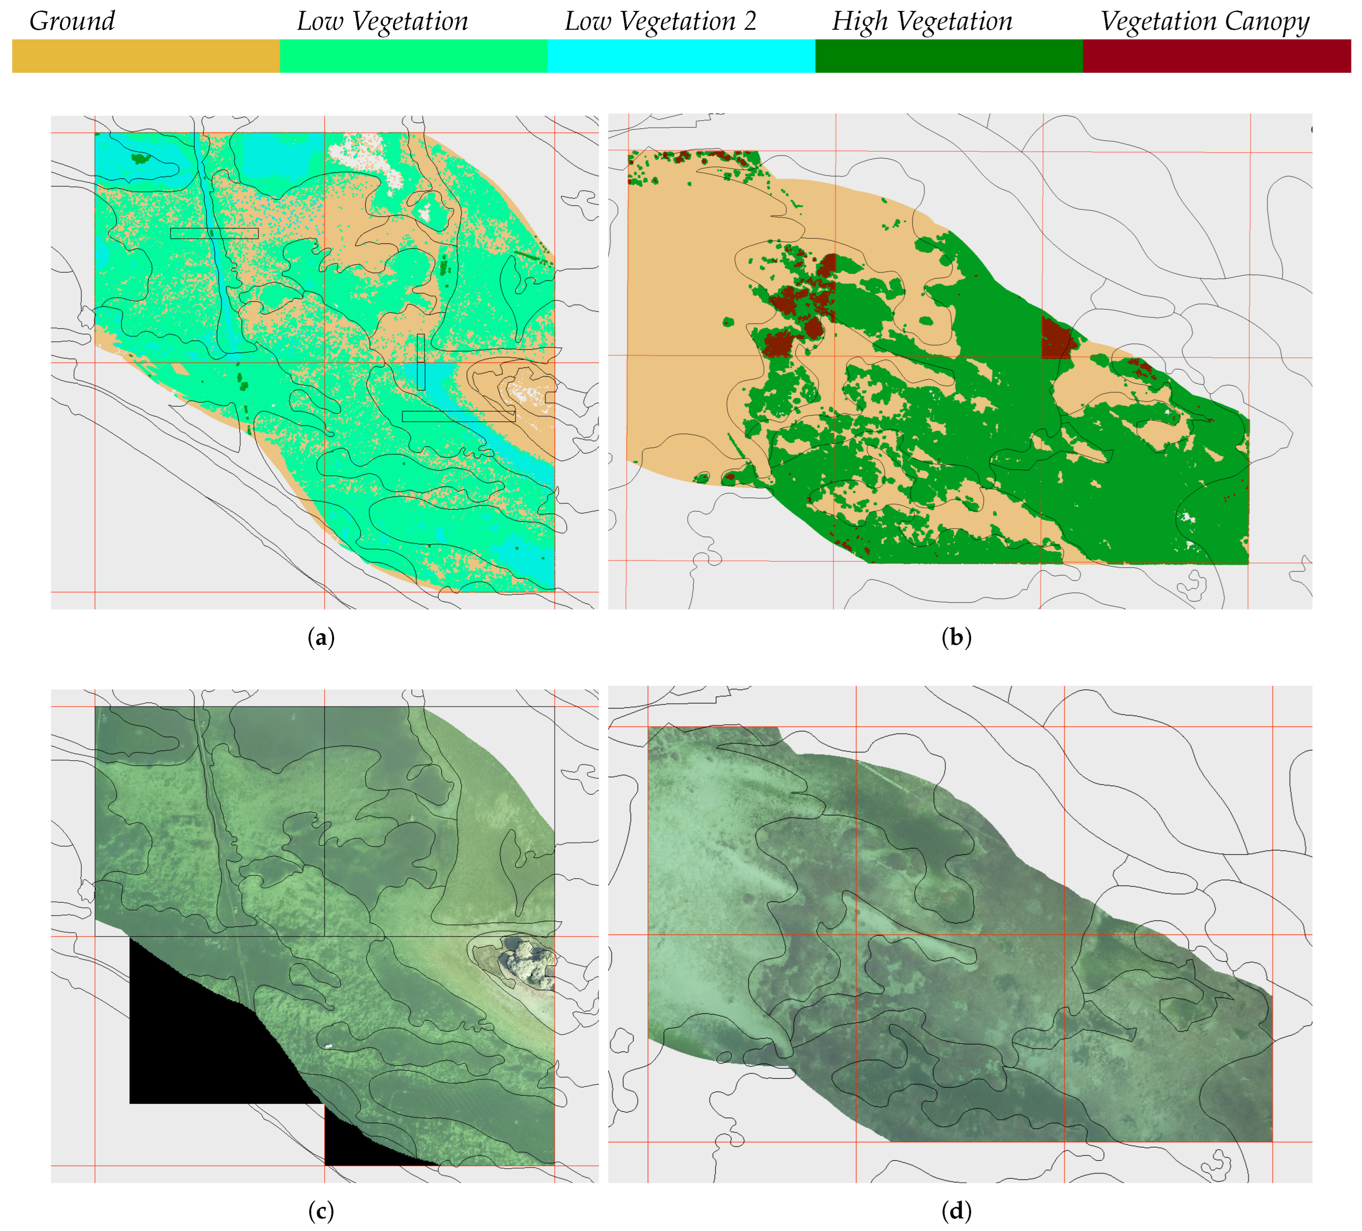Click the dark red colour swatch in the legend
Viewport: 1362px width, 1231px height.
point(1216,56)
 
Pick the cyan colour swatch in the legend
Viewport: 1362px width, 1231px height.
point(681,56)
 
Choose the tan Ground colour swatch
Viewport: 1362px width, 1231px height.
point(146,56)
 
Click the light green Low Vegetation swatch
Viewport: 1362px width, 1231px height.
point(414,56)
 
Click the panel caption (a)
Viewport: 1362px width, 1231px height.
point(321,637)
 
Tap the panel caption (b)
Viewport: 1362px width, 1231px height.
point(956,637)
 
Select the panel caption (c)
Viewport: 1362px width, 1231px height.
point(321,1212)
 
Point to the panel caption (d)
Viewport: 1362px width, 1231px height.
point(956,1212)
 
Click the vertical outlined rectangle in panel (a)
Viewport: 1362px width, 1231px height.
point(421,362)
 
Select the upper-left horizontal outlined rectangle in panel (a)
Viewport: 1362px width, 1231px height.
point(214,233)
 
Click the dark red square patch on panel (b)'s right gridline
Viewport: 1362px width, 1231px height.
point(1055,337)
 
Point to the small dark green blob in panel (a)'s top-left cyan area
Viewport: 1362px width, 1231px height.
point(140,159)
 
